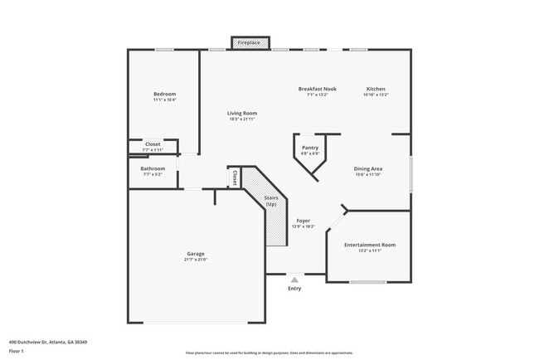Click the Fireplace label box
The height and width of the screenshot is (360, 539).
(x=249, y=42)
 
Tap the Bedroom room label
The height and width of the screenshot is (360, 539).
(x=164, y=94)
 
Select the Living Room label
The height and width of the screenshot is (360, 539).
(x=242, y=113)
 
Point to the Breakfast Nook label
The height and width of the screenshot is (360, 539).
(x=317, y=89)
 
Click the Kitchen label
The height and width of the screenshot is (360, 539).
(x=376, y=89)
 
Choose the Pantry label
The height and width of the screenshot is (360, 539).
(x=309, y=148)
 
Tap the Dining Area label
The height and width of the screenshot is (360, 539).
(x=367, y=168)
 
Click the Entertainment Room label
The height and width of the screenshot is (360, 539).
(x=370, y=245)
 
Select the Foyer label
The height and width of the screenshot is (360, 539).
(x=303, y=221)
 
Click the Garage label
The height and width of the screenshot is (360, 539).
(x=195, y=254)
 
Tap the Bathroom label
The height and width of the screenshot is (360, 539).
(x=153, y=168)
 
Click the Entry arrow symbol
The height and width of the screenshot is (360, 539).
(x=294, y=280)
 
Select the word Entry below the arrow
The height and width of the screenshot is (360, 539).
(x=294, y=289)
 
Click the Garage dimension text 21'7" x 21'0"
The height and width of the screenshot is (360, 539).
(x=195, y=260)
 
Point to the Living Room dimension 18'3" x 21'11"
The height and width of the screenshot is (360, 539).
(x=242, y=119)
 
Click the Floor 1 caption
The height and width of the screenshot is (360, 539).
(x=17, y=351)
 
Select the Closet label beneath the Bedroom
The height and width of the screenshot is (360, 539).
(x=153, y=144)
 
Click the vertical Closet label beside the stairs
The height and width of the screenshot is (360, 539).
(x=236, y=177)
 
